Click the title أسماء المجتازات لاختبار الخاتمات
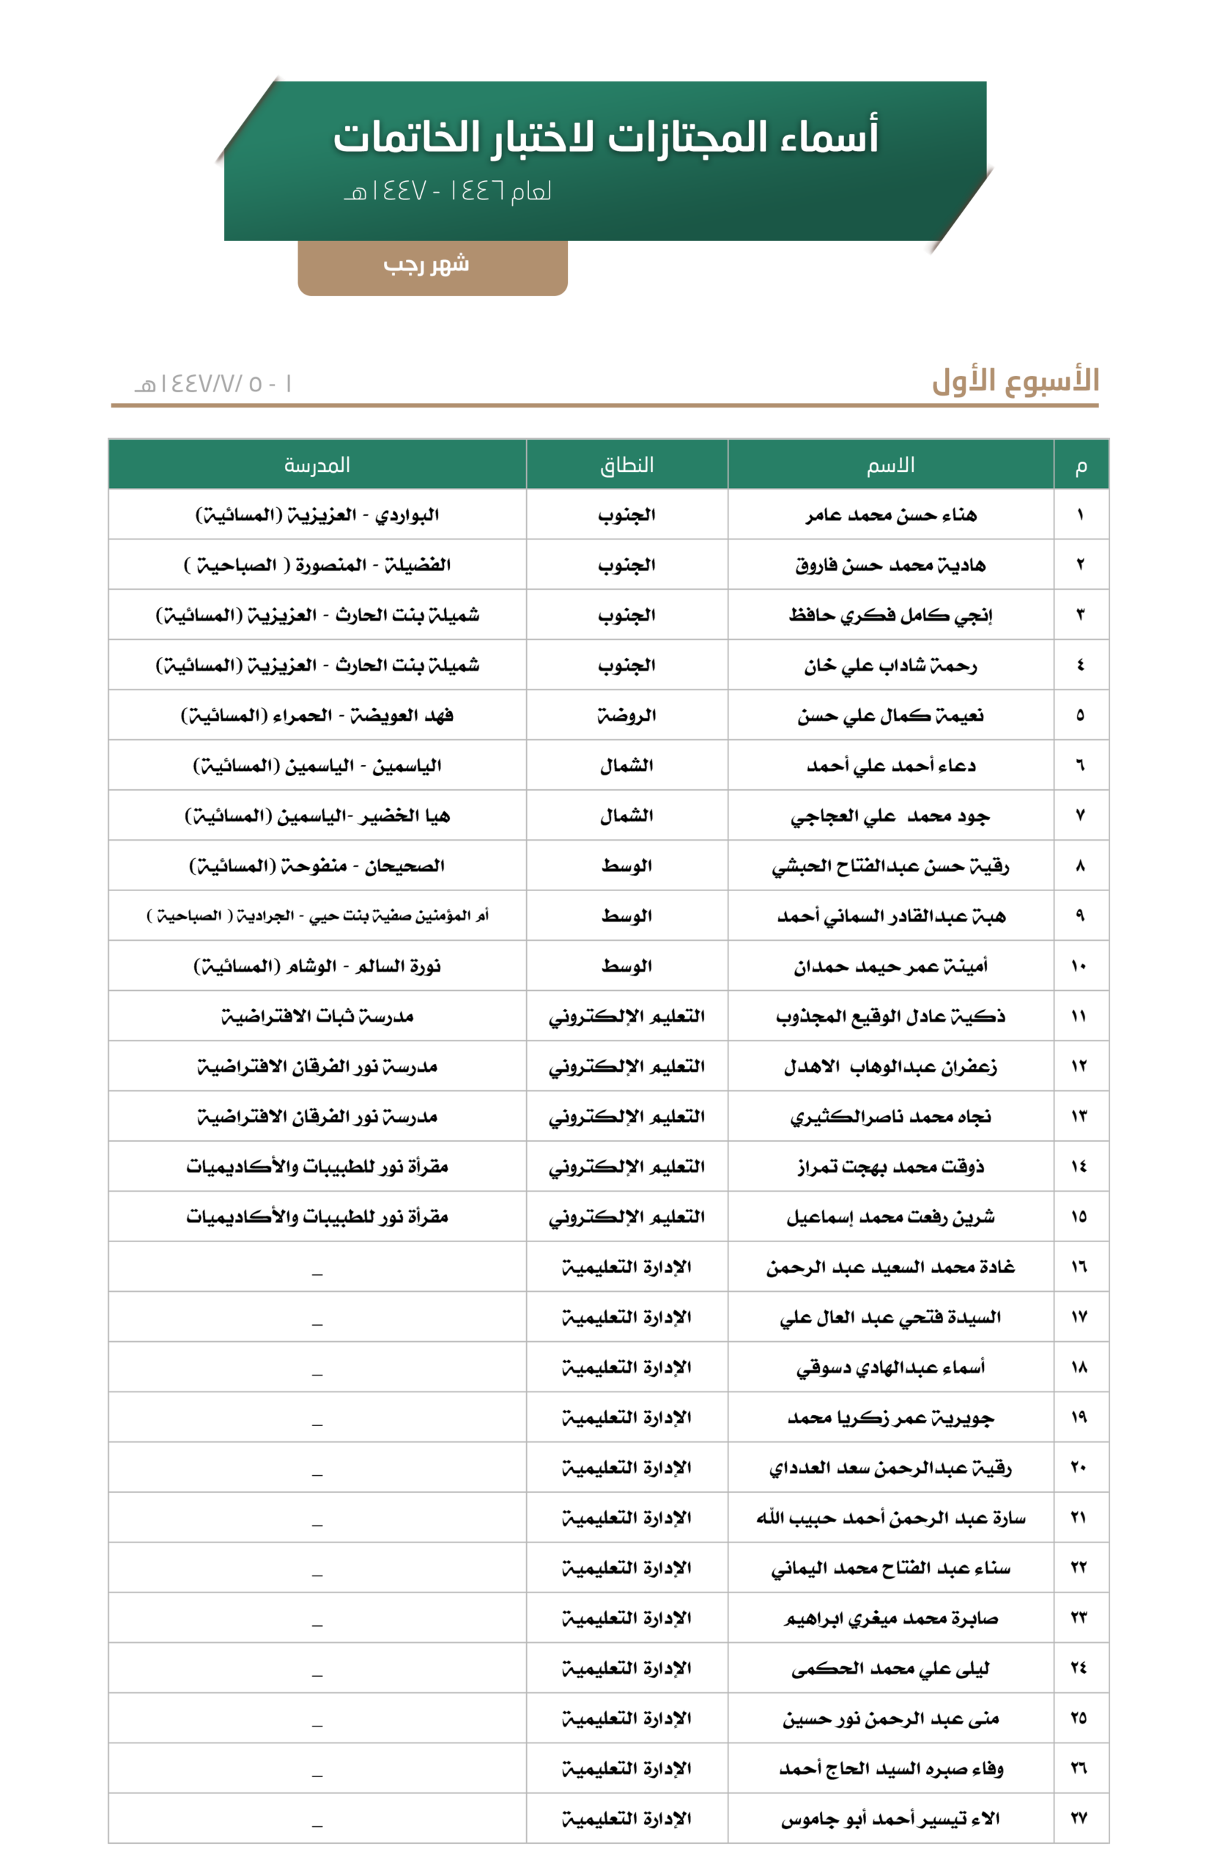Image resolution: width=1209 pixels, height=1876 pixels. click(x=605, y=136)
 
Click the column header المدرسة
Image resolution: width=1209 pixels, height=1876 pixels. click(x=317, y=465)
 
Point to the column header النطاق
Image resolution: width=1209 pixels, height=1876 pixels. click(x=626, y=465)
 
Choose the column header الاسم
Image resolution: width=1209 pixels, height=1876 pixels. click(x=890, y=465)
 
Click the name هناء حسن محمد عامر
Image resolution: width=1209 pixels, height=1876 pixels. click(x=891, y=515)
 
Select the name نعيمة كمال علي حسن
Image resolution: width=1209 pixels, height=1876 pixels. click(x=890, y=715)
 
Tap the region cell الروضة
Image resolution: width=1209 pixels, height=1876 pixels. click(x=626, y=715)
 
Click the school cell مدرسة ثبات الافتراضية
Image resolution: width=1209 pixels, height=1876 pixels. click(x=317, y=1016)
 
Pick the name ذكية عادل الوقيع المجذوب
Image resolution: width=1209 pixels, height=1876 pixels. click(x=890, y=1016)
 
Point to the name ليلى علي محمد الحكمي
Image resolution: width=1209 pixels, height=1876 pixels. click(x=890, y=1668)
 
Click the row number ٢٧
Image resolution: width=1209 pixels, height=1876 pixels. click(x=1079, y=1818)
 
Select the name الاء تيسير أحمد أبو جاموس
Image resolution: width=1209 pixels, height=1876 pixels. click(x=890, y=1819)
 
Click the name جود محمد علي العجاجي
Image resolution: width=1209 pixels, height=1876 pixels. click(x=890, y=816)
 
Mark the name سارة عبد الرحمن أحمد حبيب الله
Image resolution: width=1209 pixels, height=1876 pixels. click(x=890, y=1518)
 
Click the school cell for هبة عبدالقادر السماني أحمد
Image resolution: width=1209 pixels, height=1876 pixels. click(x=317, y=916)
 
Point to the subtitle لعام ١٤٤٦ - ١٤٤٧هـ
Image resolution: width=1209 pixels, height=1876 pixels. click(x=448, y=191)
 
